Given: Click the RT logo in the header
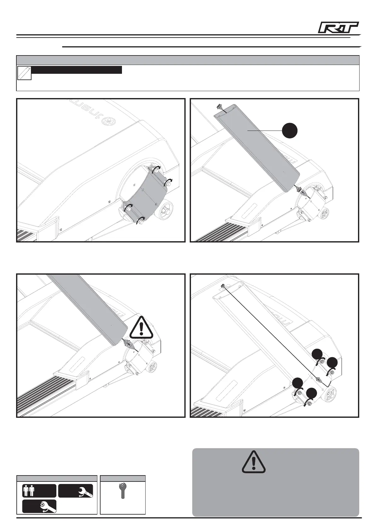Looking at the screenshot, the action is tap(338, 28).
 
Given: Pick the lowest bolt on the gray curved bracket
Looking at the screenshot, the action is tap(141, 222).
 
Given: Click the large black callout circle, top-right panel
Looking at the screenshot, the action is tap(290, 130).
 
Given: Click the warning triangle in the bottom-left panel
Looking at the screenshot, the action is tap(141, 326).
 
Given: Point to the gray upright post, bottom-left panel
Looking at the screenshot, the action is tap(91, 309).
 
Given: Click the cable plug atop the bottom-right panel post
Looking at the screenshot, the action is tap(222, 286).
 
